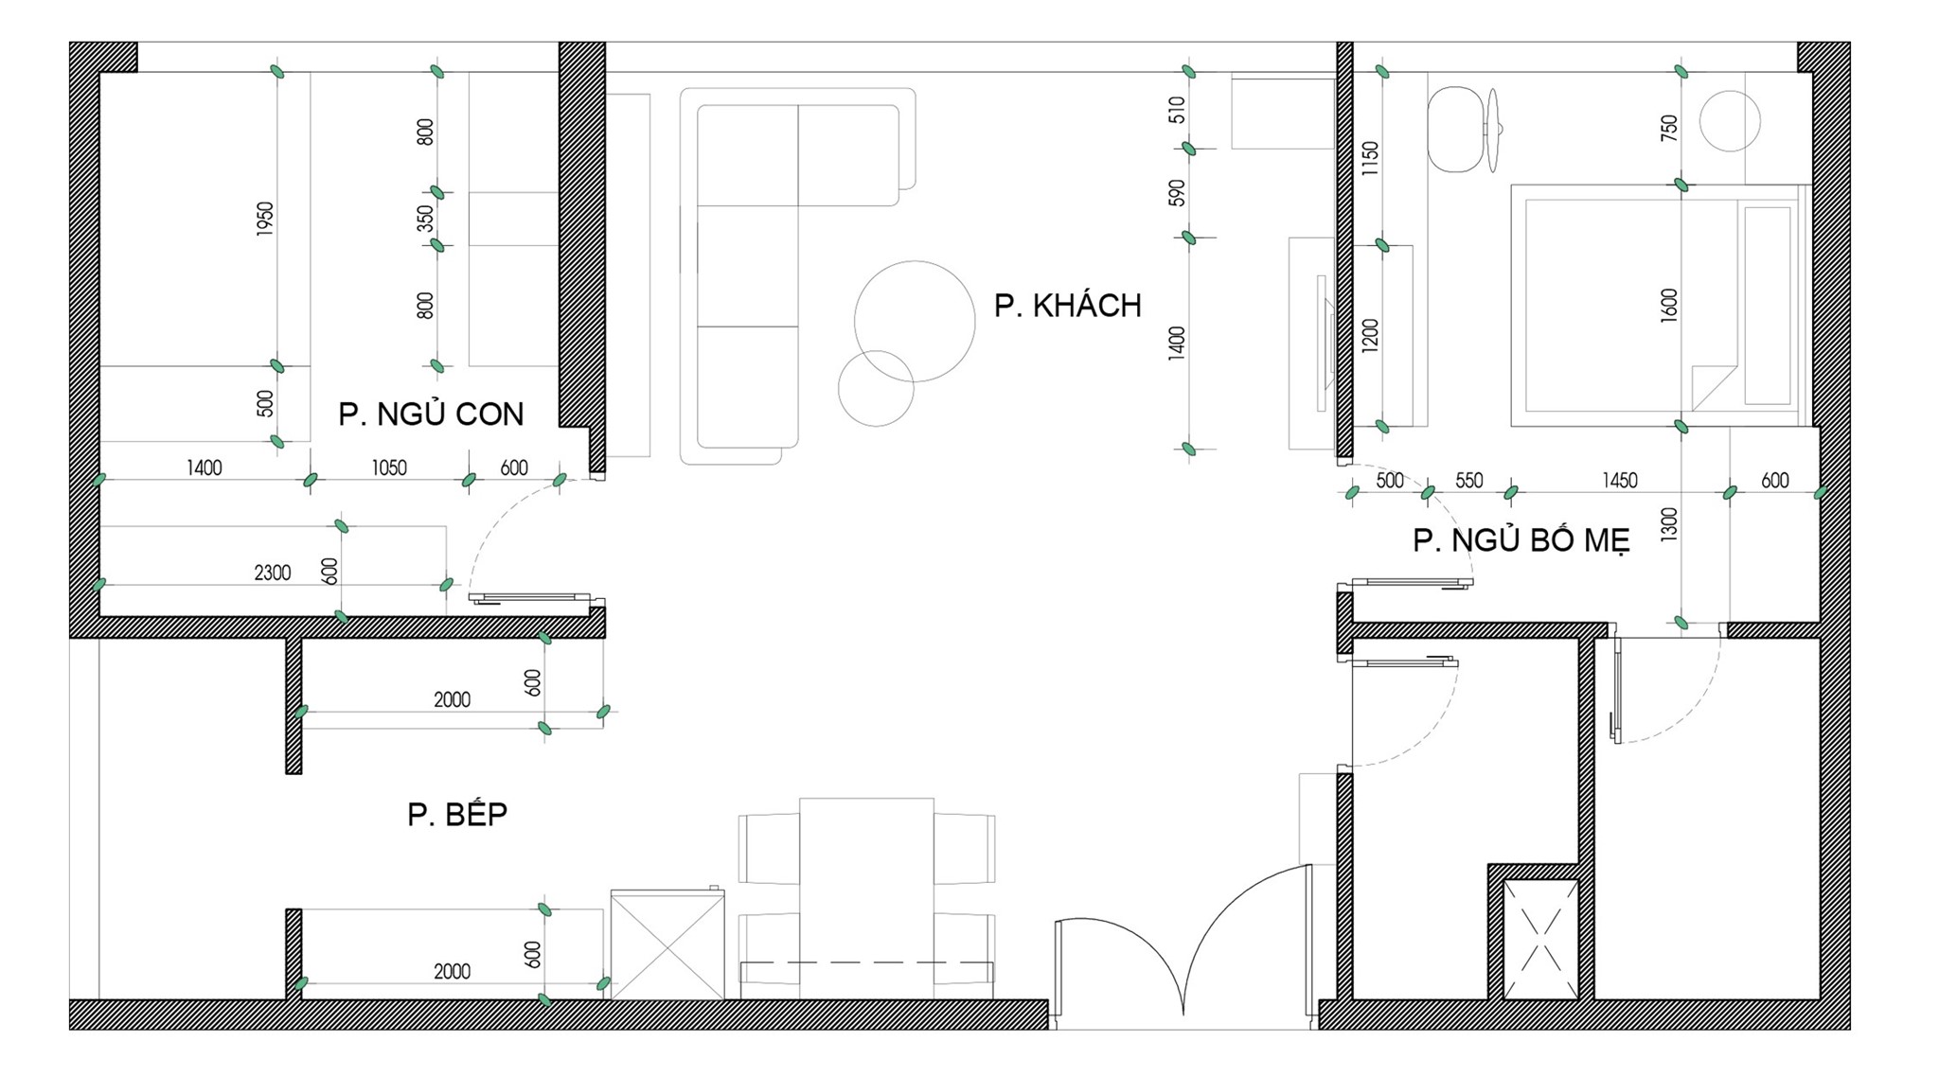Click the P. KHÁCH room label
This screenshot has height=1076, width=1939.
point(1067,306)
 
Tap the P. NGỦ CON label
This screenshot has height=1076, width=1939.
point(431,415)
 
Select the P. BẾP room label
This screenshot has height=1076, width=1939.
point(457,814)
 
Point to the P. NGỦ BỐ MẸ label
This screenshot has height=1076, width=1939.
point(1521,540)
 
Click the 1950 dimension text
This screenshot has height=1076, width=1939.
point(265,219)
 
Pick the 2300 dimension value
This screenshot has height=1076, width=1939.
point(273,573)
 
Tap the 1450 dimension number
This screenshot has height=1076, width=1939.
point(1619,481)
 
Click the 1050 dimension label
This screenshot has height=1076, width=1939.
point(388,467)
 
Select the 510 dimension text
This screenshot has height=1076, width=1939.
point(1177,110)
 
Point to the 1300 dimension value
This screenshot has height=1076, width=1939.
point(1669,524)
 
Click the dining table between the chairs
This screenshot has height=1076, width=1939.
point(866,898)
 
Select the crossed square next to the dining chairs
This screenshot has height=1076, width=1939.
point(667,944)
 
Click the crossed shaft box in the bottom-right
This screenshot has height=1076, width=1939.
point(1540,939)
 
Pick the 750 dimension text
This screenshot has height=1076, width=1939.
point(1669,128)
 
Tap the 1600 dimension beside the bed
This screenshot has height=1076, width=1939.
point(1669,306)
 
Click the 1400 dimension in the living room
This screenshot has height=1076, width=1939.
point(1177,344)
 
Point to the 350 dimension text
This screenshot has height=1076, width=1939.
point(426,219)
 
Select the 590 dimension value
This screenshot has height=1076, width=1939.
point(1177,193)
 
